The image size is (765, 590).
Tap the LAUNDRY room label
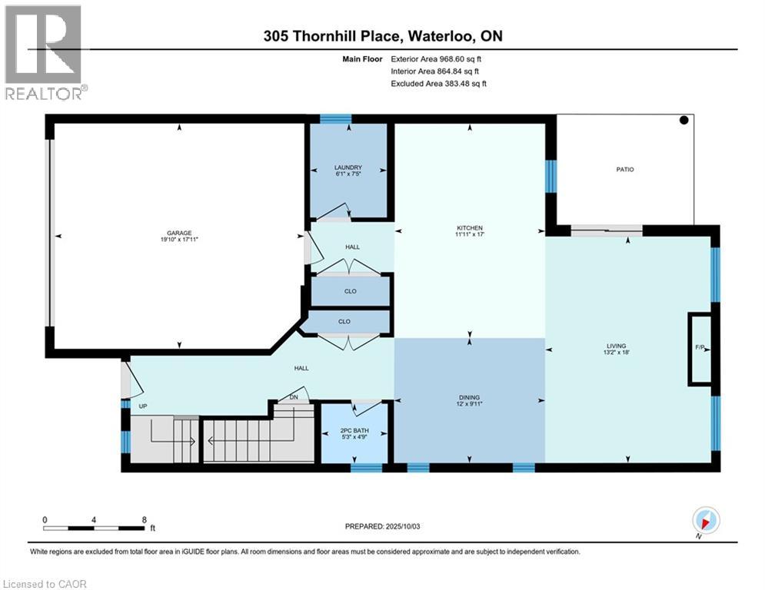pos(348,167)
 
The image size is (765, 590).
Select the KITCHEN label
pos(469,227)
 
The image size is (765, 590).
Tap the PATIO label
pos(624,169)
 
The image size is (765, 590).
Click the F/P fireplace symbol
pos(700,348)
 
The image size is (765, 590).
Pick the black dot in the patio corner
pos(684,120)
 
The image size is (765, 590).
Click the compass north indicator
pos(705,521)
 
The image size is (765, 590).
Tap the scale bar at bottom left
pos(94,528)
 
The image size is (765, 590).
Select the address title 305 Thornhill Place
pos(381,36)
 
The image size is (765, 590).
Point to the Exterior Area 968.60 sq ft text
pos(436,58)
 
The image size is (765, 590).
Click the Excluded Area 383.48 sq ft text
pos(438,83)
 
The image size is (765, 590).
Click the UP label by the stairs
pos(143,406)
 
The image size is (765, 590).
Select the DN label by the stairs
pos(294,396)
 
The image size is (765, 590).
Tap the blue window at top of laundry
pos(335,118)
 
